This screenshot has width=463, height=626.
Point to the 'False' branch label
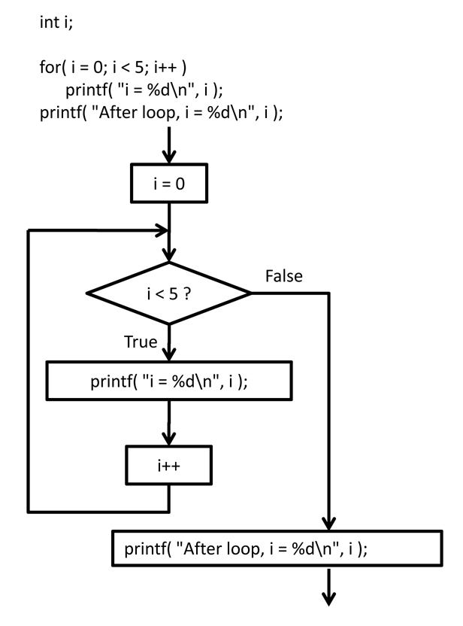[284, 277]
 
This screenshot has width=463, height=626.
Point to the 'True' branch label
[140, 343]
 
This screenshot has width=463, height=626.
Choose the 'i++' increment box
[168, 466]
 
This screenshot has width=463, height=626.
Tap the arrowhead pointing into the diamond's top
[168, 254]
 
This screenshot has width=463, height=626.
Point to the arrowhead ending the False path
[328, 524]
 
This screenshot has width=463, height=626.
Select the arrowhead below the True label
[168, 354]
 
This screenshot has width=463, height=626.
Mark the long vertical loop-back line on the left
[29, 369]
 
